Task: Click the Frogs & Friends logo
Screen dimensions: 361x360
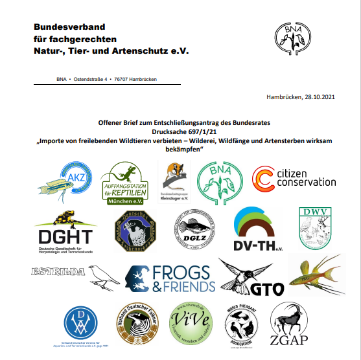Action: click(x=170, y=278)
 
